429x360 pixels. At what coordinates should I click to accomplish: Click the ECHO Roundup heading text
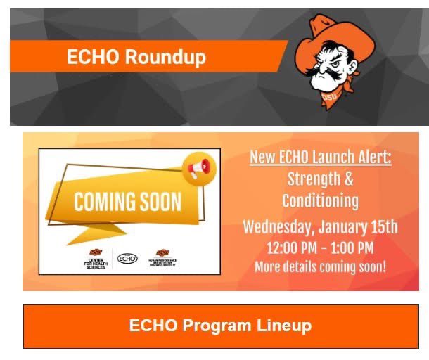point(136,57)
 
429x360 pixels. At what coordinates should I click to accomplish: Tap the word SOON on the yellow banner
point(155,202)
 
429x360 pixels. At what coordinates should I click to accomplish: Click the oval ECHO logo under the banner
point(127,259)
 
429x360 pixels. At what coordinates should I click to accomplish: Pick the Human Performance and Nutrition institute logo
point(163,259)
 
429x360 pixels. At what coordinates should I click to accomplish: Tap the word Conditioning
point(320,201)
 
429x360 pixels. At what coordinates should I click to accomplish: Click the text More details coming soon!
point(320,267)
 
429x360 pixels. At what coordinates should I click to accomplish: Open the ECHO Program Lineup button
point(220,326)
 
